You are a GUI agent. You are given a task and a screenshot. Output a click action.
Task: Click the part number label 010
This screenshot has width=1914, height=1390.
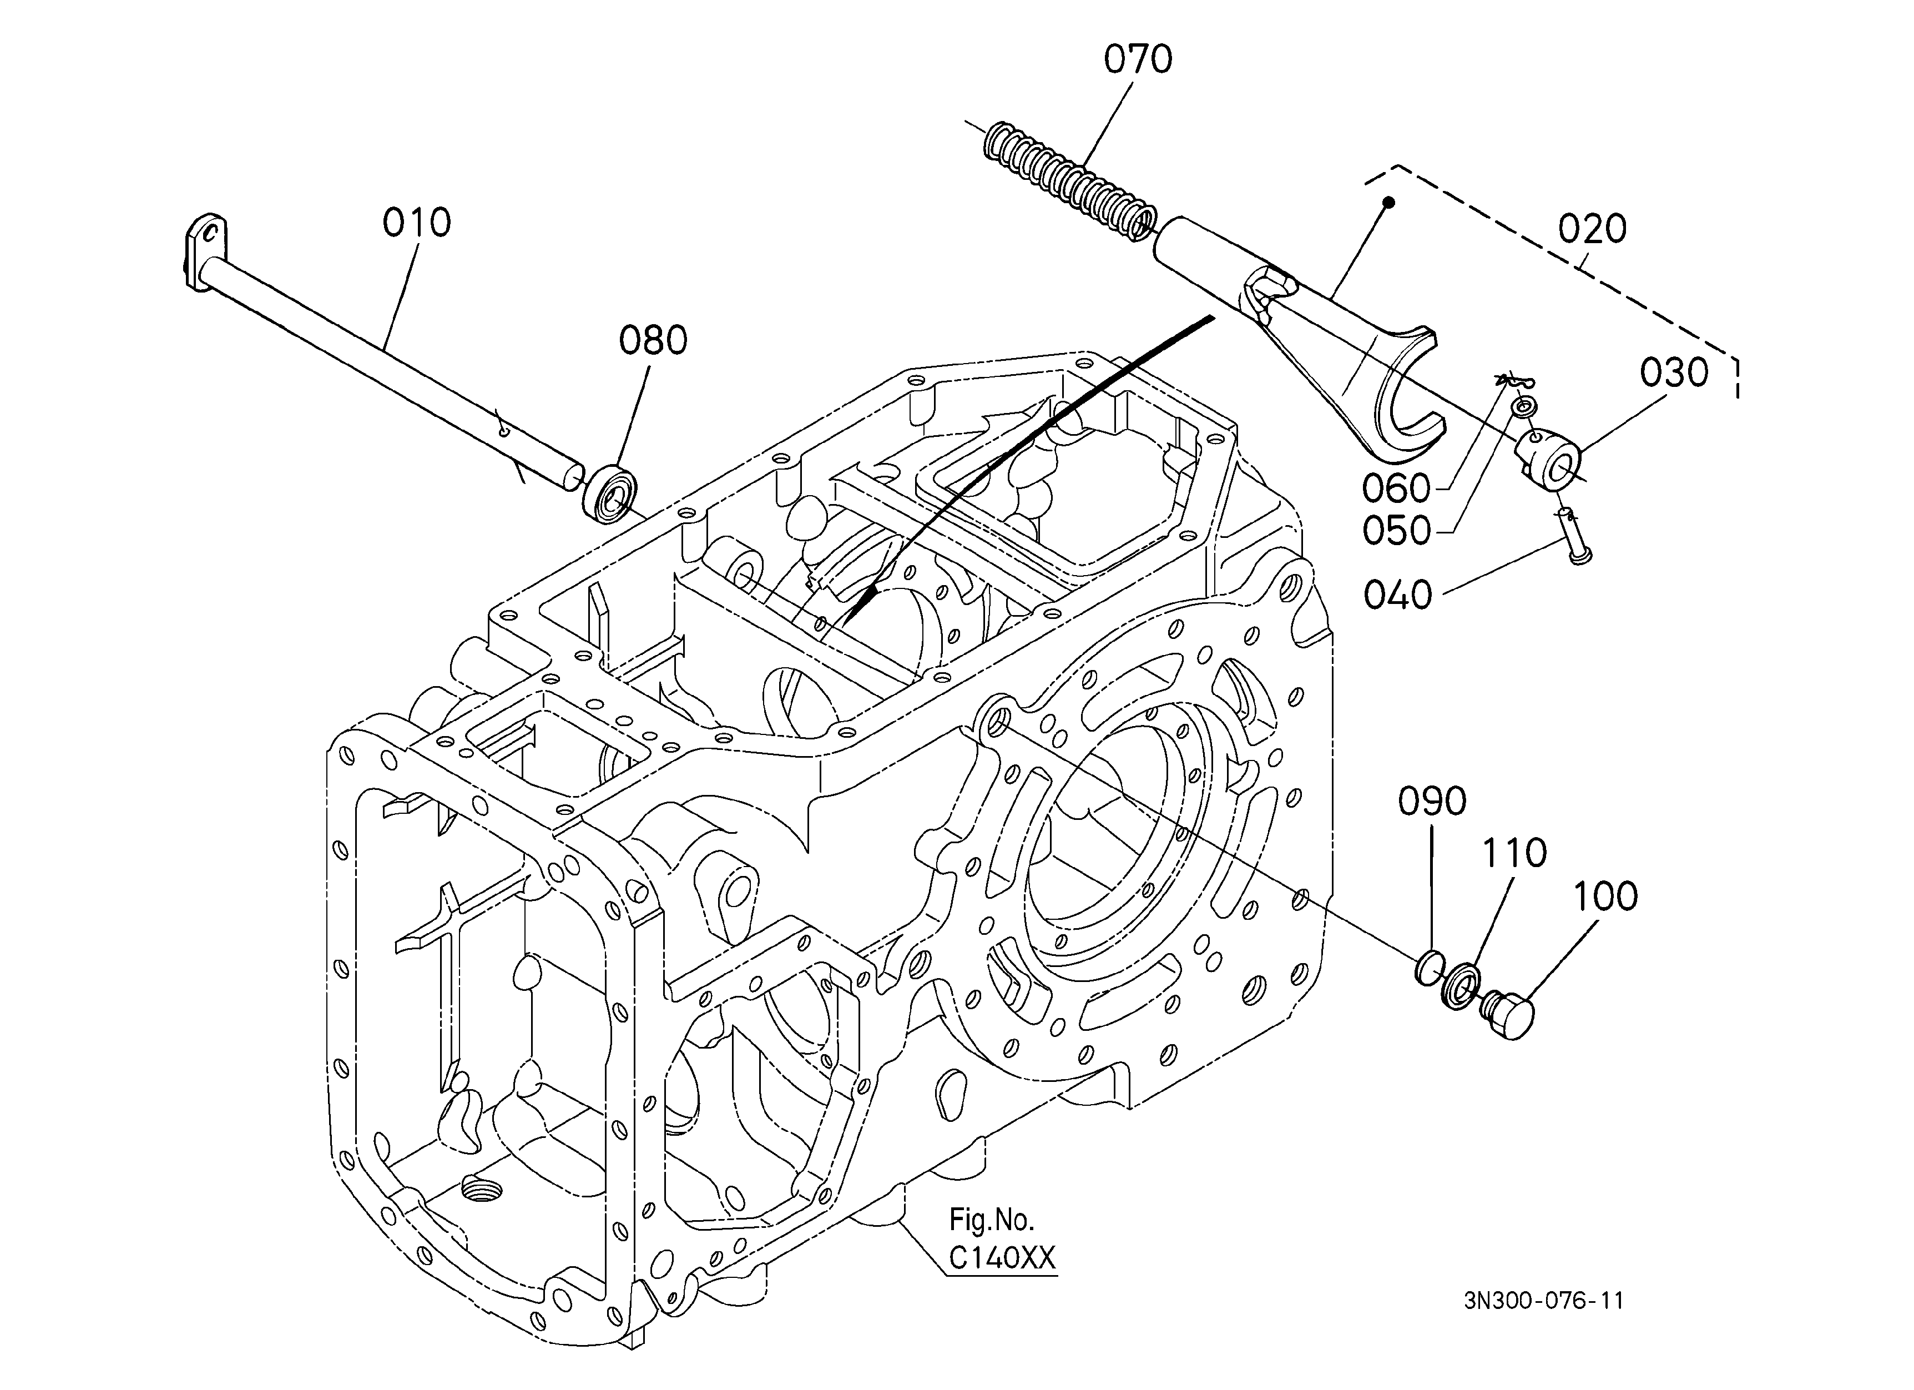coord(417,223)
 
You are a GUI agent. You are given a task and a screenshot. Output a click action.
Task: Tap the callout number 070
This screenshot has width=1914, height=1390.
coord(1138,60)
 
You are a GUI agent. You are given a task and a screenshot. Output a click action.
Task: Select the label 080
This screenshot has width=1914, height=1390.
coord(653,340)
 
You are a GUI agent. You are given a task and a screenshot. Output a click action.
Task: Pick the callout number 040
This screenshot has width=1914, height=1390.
coord(1398,596)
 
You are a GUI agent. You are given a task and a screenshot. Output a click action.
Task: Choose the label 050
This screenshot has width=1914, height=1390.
coord(1397,531)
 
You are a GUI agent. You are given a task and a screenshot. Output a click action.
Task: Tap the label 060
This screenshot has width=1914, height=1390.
coord(1397,488)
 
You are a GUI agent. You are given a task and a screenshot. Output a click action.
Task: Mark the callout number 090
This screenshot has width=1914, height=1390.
coord(1432,802)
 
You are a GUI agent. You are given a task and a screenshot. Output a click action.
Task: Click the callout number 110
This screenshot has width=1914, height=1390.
coord(1515,853)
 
